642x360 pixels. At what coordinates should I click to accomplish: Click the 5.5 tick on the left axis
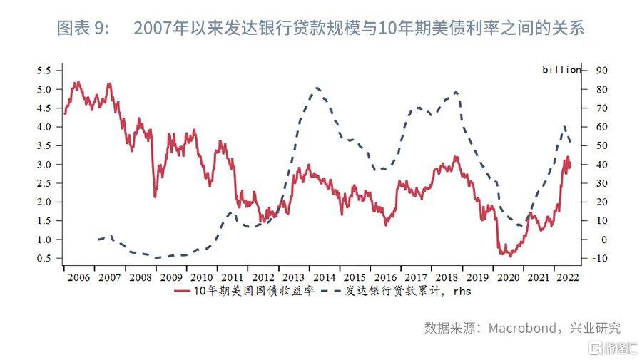pyautogui.click(x=44, y=71)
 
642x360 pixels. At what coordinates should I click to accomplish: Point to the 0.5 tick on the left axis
pyautogui.click(x=44, y=258)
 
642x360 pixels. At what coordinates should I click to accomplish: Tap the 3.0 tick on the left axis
pyautogui.click(x=44, y=164)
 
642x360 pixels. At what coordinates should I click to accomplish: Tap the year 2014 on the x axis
pyautogui.click(x=324, y=277)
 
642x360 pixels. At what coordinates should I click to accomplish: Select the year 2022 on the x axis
pyautogui.click(x=567, y=277)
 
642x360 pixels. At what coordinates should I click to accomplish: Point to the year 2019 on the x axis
pyautogui.click(x=477, y=277)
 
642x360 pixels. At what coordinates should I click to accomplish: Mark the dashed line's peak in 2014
pyautogui.click(x=316, y=88)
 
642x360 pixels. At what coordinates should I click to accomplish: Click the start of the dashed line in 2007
pyautogui.click(x=98, y=240)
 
